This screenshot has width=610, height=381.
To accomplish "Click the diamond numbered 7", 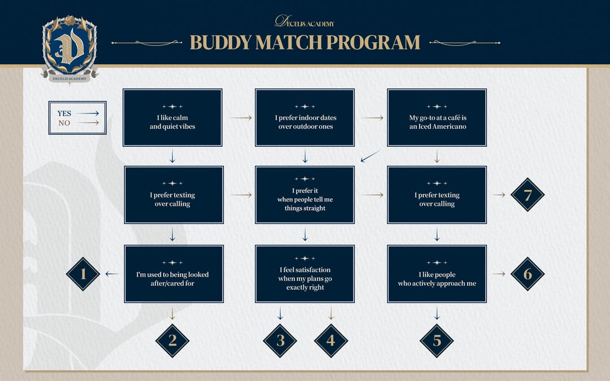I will pos(528,195).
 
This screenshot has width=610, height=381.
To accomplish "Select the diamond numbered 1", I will pos(83,274).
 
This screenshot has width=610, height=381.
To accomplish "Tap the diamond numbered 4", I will pos(331,340).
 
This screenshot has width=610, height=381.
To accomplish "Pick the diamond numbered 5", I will pos(437,340).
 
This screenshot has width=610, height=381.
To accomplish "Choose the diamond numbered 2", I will pos(172,340).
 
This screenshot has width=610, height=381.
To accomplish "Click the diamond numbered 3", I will pos(280,340).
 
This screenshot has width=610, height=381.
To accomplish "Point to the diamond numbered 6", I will pos(528,274).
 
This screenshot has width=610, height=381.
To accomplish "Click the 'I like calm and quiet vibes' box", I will pos(172,118).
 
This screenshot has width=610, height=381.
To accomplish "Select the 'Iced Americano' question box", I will pos(437,118).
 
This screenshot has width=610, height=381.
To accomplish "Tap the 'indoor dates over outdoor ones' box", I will pos(305,118).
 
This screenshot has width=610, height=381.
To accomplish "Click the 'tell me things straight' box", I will pos(305,195).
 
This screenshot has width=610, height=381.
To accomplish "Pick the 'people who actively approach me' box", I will pos(437,274).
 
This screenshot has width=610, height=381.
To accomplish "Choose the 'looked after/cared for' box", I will pos(172,274).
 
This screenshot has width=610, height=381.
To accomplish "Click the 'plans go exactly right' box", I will pos(305,274).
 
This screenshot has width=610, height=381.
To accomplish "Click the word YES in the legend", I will pos(64,113).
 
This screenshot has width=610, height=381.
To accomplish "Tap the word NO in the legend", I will pos(64,122).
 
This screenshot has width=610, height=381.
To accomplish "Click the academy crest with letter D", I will pos(69,49).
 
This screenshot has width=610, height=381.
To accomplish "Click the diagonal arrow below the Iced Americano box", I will pos(370,156).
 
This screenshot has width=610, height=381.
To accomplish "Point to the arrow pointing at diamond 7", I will pos(499,195).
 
